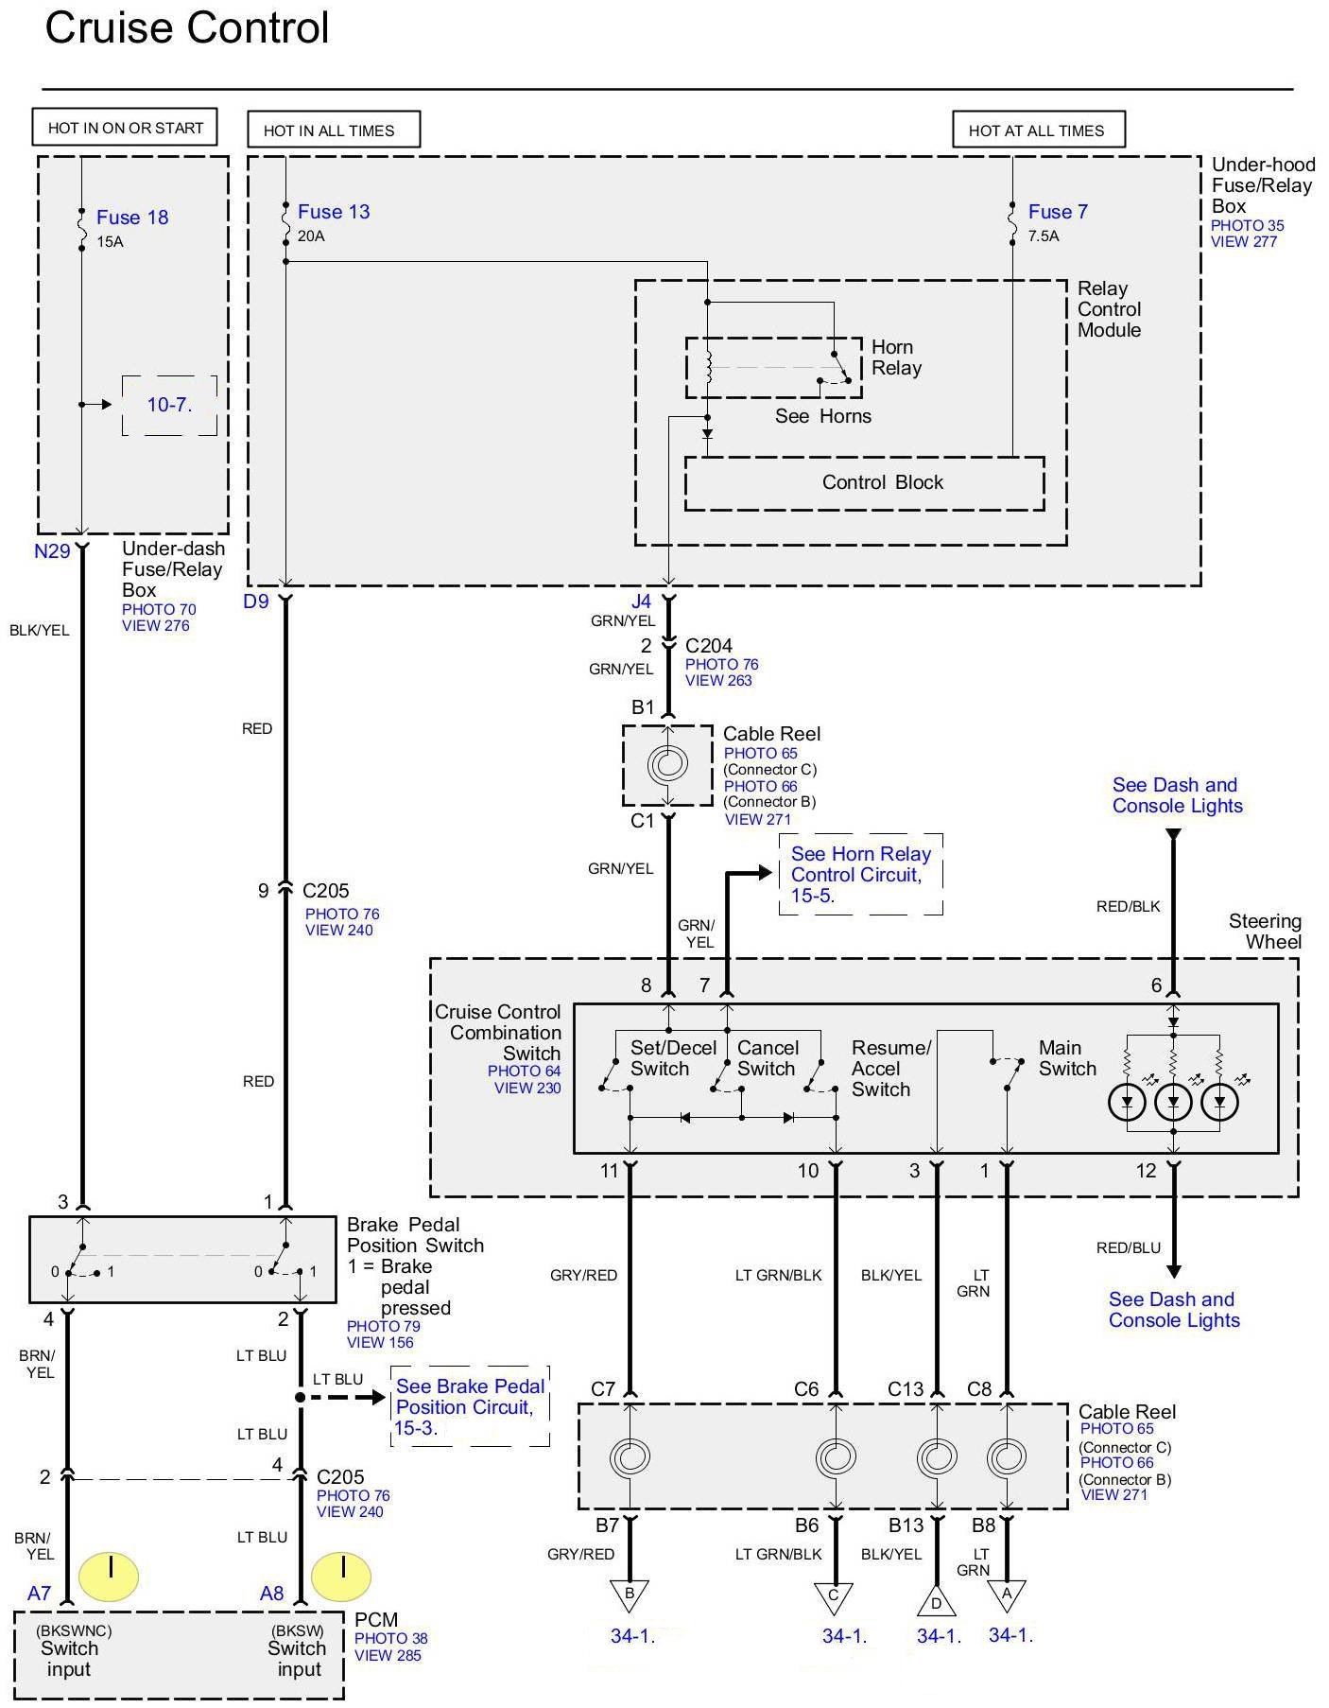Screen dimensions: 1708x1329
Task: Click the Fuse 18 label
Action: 131,218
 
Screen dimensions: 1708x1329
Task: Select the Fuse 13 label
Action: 333,212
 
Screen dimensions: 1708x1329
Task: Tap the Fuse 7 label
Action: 1057,212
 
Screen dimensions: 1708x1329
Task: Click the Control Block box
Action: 864,483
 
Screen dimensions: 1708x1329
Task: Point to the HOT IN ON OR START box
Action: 126,128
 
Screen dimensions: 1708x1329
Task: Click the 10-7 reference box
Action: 169,405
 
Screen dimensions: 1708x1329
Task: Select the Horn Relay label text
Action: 895,357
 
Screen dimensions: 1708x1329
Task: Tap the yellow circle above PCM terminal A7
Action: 109,1575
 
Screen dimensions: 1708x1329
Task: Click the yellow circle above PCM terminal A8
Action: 341,1575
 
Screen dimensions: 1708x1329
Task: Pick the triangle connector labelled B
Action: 629,1595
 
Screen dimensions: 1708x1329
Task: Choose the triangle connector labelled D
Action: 936,1602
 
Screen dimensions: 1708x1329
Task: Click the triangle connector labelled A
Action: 1007,1595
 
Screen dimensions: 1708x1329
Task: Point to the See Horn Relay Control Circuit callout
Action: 860,874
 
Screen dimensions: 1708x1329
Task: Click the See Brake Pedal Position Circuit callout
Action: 470,1406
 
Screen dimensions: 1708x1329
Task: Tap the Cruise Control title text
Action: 187,27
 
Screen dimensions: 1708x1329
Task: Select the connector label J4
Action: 641,601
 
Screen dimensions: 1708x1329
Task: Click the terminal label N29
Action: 52,551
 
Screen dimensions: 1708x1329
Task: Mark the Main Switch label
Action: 1067,1058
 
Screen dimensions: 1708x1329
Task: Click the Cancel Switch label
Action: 767,1058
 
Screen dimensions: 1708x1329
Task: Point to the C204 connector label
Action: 708,645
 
